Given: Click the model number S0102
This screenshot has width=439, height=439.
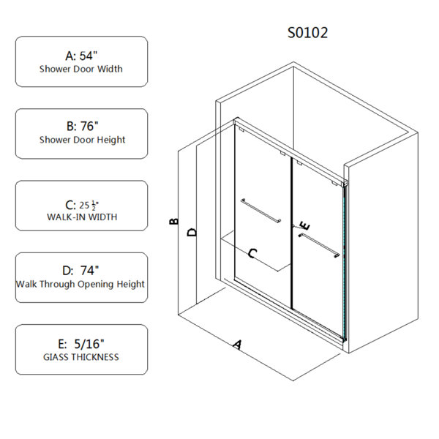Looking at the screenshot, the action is point(307,33).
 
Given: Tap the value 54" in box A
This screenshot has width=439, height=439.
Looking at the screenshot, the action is point(89,56).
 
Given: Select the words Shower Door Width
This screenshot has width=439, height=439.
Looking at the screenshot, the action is point(81,69).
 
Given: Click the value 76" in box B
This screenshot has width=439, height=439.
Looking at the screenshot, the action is point(89,126).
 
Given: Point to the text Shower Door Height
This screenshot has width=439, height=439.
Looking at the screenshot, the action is point(82,140).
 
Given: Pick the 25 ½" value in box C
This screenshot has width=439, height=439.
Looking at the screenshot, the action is point(89,205).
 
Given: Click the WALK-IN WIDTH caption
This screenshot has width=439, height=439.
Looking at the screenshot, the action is point(82,217).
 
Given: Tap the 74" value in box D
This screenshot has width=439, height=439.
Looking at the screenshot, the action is point(89,271).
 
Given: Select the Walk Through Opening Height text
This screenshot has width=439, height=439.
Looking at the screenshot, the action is point(80,284).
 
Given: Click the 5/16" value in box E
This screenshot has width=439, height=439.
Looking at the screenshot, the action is point(89,344).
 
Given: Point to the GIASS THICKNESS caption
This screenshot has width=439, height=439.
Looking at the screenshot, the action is point(81,357).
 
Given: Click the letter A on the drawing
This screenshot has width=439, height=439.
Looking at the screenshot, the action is point(237,345).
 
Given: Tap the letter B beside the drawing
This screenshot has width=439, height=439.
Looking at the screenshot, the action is point(174,221).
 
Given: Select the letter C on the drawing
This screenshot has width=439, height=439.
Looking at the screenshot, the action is point(252,253).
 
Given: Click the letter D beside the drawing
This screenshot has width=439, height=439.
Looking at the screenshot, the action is point(192,232).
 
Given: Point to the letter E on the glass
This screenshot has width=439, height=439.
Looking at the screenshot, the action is point(305,225).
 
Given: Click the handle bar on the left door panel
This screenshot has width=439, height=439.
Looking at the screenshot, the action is point(260,211).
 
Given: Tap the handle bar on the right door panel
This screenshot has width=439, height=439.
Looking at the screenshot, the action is point(319,245).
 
